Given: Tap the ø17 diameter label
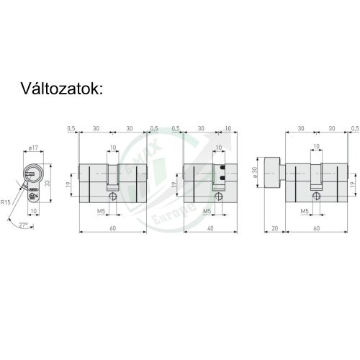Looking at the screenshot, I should (x=33, y=148).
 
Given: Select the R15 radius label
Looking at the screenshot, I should (x=5, y=203).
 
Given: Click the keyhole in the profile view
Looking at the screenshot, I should (x=32, y=174).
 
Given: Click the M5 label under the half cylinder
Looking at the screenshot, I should (x=207, y=211).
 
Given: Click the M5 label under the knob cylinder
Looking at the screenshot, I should (x=305, y=211).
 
